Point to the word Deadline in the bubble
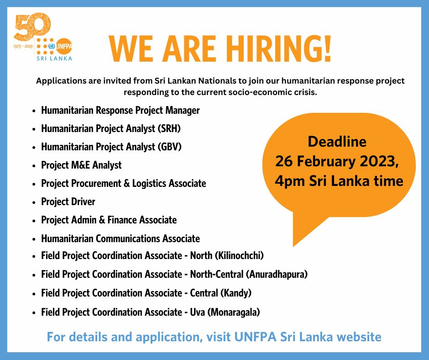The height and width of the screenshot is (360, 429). [337, 142]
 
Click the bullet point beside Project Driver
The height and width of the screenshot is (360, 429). [35, 202]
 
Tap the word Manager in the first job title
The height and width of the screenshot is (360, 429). [181, 110]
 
